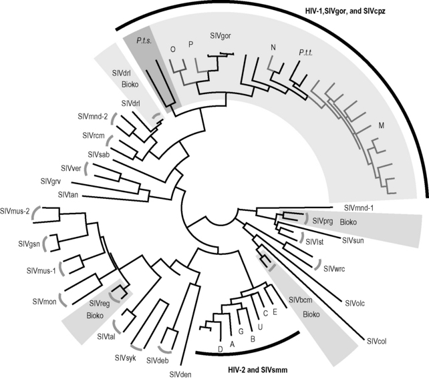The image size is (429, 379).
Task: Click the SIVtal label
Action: pos(106,337)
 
